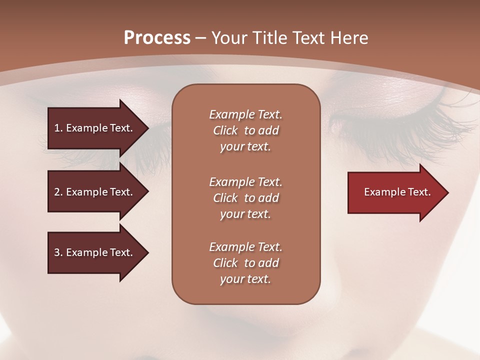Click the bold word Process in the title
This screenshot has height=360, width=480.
(157, 38)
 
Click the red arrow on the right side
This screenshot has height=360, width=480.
(395, 192)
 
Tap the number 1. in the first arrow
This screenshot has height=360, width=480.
(58, 128)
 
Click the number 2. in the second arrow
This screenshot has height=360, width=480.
(58, 192)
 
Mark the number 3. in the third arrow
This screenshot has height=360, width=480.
(58, 252)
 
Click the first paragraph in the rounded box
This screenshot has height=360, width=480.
(245, 130)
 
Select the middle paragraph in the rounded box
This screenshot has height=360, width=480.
(245, 198)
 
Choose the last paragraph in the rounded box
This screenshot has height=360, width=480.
(245, 263)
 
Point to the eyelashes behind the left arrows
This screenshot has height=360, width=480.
(125, 160)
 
